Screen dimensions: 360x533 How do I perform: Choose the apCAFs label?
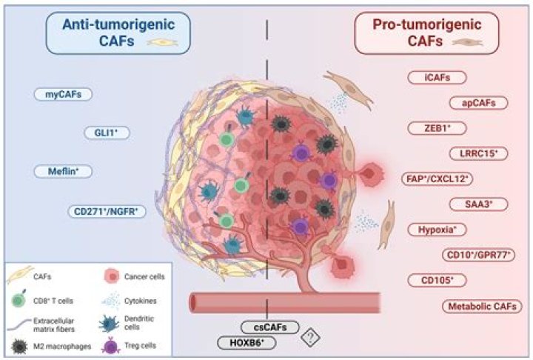click(x=480, y=102)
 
